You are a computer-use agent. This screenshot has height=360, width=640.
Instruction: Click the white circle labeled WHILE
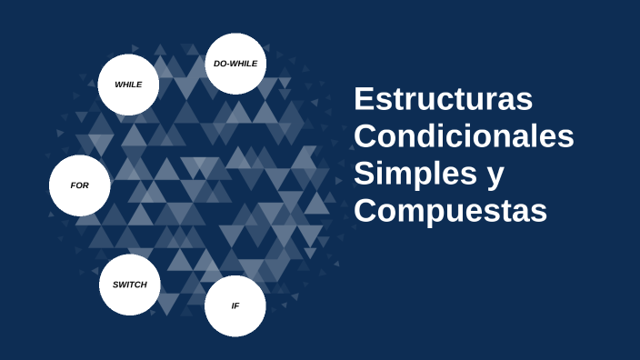128,85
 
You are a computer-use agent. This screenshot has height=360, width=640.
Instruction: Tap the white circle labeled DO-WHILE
235,64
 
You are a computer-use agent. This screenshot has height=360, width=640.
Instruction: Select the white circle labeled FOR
80,185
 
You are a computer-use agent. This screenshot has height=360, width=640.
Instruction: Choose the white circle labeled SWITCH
129,285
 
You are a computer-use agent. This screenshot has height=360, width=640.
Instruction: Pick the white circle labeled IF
235,305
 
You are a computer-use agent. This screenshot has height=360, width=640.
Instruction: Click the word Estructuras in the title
443,99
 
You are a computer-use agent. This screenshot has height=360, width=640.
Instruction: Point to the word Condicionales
464,136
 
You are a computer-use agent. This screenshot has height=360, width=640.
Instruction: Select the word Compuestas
450,210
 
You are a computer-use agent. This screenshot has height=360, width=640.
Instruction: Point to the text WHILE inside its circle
128,85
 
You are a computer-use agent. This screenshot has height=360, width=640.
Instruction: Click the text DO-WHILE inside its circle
235,64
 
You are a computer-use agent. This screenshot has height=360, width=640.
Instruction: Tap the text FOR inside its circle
80,185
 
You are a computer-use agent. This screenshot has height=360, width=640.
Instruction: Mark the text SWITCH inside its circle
129,285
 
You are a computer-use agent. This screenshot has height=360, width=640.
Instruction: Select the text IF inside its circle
235,305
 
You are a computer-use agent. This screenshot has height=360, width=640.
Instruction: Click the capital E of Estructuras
364,99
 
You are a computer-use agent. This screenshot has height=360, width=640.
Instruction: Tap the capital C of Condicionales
365,136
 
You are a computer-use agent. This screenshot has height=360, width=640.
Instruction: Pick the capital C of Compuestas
365,210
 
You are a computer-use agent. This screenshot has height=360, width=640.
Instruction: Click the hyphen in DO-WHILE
230,65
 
